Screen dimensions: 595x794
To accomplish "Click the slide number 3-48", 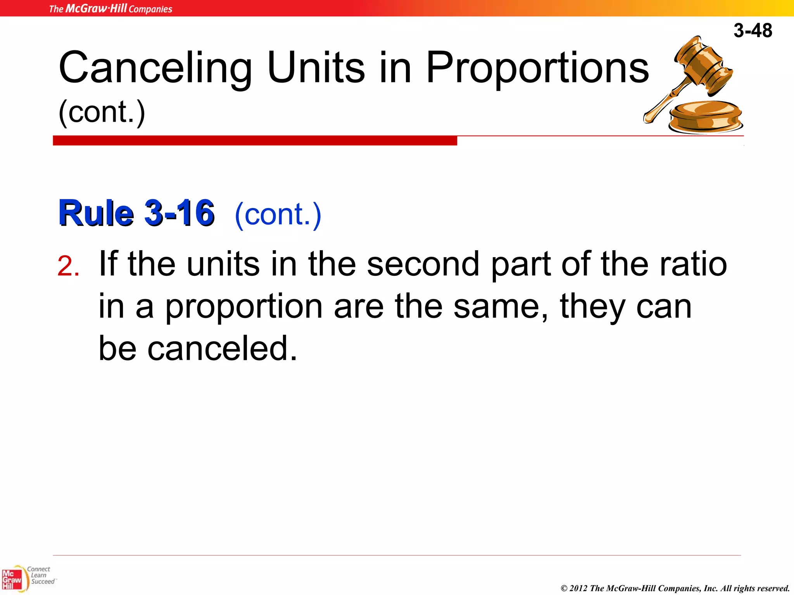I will coord(753,31).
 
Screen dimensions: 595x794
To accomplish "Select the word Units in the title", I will coord(316,68).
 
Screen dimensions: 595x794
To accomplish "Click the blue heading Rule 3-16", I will coord(136,213).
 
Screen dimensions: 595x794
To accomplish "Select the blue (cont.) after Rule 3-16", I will coord(278,214).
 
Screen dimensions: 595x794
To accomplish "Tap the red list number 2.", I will coord(68,267).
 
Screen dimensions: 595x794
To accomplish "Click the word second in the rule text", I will coord(423,264).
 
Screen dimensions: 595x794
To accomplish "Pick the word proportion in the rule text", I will coord(244,307).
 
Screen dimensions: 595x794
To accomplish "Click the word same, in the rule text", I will coord(501,307).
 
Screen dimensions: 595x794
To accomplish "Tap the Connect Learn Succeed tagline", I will coord(41,575).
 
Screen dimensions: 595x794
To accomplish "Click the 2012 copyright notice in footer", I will coord(675,588).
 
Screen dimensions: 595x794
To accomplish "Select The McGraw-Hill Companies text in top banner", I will coord(110,9).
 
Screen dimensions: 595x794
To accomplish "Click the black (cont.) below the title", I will coord(102,112).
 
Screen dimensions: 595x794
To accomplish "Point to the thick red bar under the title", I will coord(255,141).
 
